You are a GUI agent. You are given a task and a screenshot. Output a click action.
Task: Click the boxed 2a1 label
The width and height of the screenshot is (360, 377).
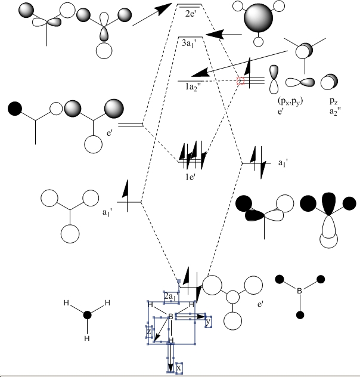170,296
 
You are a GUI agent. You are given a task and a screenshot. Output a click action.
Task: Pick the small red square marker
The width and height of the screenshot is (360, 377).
241,81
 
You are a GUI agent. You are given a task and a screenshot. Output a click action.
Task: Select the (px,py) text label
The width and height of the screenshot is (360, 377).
280,100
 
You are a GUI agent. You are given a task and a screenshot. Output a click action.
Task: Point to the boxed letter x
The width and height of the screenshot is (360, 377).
178,368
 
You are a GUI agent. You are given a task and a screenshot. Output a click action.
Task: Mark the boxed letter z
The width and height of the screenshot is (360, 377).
149,331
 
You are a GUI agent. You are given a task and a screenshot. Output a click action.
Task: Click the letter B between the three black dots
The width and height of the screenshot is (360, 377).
300,291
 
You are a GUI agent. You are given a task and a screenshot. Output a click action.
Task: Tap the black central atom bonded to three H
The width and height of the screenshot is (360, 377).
87,314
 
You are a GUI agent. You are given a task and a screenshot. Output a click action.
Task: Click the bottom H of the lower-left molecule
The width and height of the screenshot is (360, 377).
86,338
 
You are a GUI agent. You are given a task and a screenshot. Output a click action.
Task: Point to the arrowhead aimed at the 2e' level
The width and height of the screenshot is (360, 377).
164,8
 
